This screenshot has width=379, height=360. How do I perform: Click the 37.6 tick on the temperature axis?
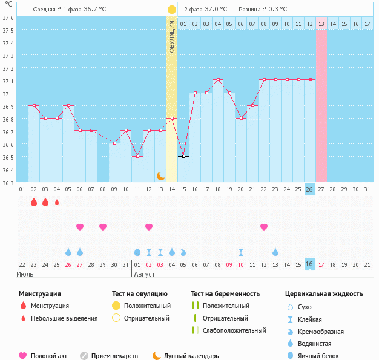tap(8, 18)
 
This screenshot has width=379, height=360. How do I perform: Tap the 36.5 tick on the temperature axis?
tap(8, 157)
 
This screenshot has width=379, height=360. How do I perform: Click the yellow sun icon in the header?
tap(172, 10)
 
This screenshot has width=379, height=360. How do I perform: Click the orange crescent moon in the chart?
tap(160, 175)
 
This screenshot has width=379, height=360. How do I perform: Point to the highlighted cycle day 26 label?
tap(309, 189)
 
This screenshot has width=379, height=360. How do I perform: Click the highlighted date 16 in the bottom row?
tap(309, 264)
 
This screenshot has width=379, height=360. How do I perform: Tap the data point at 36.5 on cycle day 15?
tap(183, 156)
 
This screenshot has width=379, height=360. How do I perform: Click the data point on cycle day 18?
tap(218, 80)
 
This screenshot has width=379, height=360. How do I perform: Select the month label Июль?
tap(24, 274)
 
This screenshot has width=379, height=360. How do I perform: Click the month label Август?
tap(144, 274)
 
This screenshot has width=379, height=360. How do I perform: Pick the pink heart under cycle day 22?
tap(264, 227)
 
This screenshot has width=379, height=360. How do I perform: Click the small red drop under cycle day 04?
tap(57, 202)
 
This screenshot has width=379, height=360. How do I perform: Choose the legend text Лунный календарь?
tap(192, 356)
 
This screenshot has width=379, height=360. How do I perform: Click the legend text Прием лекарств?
tap(114, 356)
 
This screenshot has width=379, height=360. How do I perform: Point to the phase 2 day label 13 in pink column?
tap(321, 24)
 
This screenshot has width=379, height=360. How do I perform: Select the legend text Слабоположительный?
tap(234, 330)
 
